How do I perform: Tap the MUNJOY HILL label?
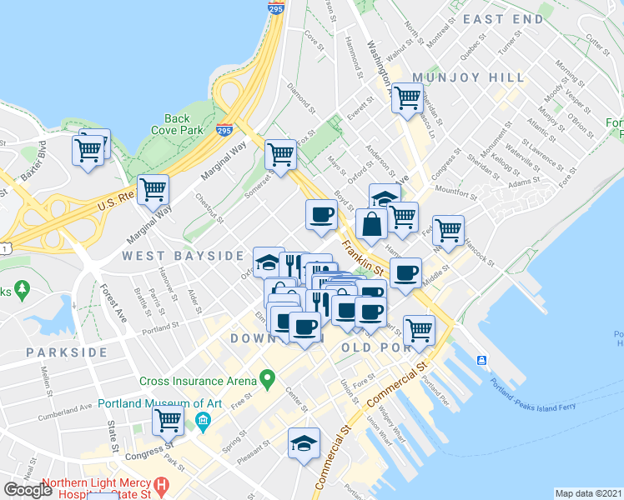pos(474,77)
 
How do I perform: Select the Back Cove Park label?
pos(178,125)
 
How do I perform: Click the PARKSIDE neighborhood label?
pos(67,352)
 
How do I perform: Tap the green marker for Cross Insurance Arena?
pos(267,380)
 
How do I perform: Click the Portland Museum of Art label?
pos(159,404)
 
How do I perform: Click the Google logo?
pos(28,490)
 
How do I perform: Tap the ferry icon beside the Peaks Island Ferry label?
pos(482,360)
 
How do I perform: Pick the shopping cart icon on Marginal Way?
pos(153,190)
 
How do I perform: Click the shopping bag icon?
pos(370,224)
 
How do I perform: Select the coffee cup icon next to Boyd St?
pos(321,215)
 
